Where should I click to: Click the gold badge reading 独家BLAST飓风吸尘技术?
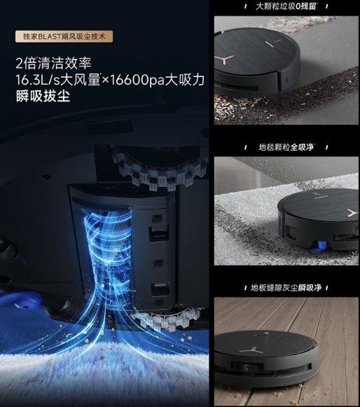click(x=64, y=36)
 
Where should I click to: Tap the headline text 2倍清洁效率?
click(x=54, y=63)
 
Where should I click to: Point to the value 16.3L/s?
click(x=38, y=80)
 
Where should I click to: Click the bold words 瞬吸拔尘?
click(x=43, y=96)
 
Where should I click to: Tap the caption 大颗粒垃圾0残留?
click(x=286, y=6)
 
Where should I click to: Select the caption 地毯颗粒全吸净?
click(x=286, y=147)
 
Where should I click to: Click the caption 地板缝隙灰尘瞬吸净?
click(x=286, y=288)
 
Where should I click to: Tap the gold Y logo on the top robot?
click(x=223, y=60)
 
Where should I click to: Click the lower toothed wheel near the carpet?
click(x=167, y=318)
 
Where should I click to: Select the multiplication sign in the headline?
click(x=105, y=81)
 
